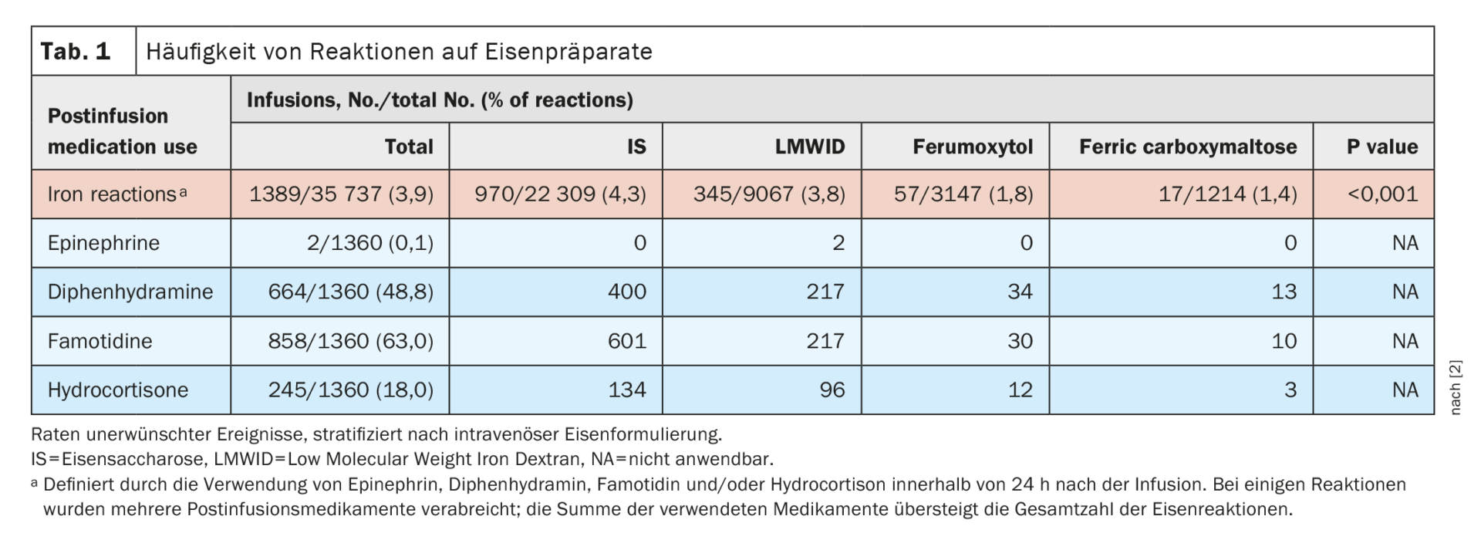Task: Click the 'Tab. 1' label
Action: click(x=76, y=52)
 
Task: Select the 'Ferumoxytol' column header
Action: click(x=972, y=147)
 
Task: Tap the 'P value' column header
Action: click(x=1382, y=147)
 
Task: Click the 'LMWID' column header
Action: click(x=810, y=147)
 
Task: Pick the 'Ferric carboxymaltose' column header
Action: click(x=1188, y=147)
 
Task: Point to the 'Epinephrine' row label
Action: click(x=103, y=243)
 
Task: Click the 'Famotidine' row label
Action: click(x=100, y=341)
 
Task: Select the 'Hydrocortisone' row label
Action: click(x=118, y=390)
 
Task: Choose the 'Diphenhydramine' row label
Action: click(x=130, y=292)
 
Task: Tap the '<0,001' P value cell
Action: click(x=1382, y=194)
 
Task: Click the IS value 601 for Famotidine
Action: click(x=627, y=341)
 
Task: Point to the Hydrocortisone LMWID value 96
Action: click(x=832, y=390)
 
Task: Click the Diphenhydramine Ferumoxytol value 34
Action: click(x=1020, y=292)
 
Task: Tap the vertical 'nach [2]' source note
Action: click(x=1456, y=387)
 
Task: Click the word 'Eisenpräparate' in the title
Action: click(x=568, y=52)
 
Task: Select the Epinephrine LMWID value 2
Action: click(x=838, y=243)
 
